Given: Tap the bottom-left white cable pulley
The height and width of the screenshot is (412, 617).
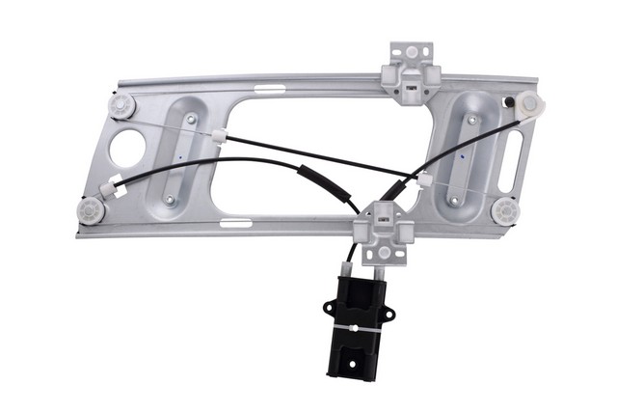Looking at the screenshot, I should coord(93,209).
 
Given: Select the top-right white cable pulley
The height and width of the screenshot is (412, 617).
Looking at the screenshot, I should coord(529,105).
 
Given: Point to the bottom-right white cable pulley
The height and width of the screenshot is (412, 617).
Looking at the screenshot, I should coord(503,209).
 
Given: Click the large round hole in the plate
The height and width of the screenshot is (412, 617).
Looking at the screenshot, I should coord(126,148).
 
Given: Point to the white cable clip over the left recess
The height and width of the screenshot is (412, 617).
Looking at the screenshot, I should coord(221,136).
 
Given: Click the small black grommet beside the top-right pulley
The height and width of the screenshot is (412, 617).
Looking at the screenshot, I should coord(507,101).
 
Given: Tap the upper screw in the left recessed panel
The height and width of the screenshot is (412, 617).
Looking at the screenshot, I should coord(192,119).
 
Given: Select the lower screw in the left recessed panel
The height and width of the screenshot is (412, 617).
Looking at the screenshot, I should coord(170,200).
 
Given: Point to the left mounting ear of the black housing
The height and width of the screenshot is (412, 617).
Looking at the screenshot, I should coord(330,308).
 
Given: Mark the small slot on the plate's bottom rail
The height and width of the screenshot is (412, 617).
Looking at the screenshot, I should coord(234,224).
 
